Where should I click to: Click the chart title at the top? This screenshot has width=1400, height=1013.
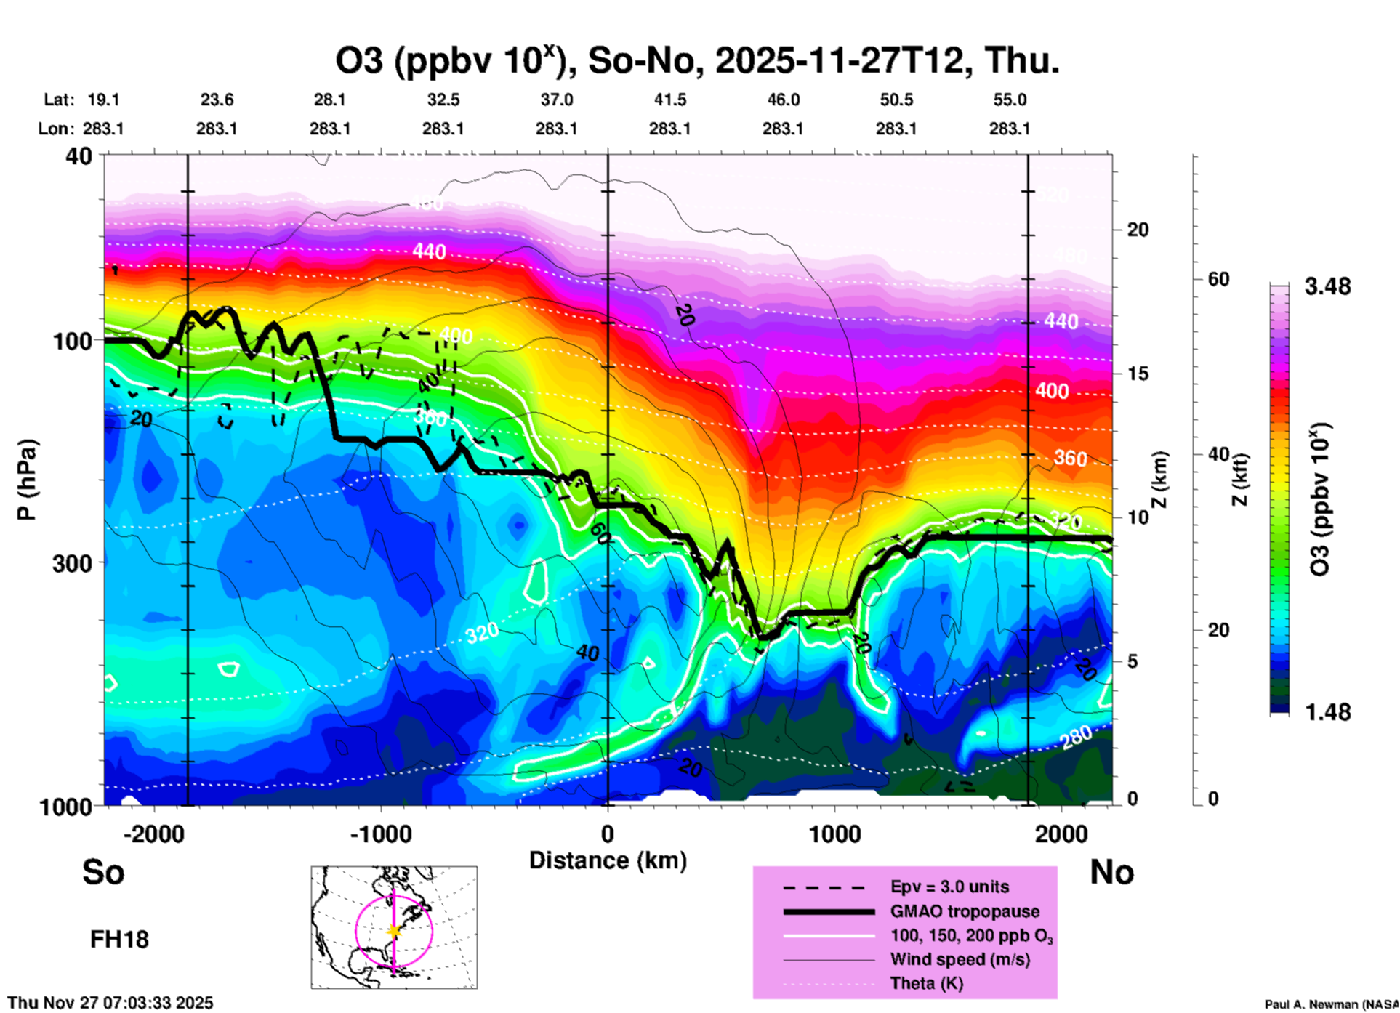click(x=697, y=61)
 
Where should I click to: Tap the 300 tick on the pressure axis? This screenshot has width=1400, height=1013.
click(x=72, y=563)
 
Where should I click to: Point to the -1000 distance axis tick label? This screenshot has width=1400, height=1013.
click(x=381, y=834)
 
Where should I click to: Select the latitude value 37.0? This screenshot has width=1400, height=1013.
click(x=556, y=100)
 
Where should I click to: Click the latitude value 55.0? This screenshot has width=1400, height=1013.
click(x=1010, y=100)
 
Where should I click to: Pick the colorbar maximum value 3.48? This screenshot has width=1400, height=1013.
click(x=1327, y=287)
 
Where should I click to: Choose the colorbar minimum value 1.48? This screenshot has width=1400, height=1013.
click(x=1327, y=712)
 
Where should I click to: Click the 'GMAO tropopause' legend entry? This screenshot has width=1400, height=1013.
click(x=965, y=911)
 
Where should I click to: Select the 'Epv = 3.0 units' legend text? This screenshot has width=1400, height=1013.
click(x=949, y=887)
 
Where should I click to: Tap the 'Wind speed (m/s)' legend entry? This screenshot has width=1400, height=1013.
click(x=960, y=960)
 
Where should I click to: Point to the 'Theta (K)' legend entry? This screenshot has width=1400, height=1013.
click(x=926, y=984)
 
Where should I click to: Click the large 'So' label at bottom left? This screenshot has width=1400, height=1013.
click(x=103, y=872)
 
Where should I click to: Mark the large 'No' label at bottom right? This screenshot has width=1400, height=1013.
click(x=1111, y=872)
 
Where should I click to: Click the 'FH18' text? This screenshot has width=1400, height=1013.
click(x=119, y=940)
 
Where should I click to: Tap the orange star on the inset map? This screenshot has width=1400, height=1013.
click(x=394, y=931)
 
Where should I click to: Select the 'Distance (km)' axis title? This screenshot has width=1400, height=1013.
click(x=608, y=860)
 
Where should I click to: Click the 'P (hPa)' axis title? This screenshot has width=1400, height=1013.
click(x=27, y=480)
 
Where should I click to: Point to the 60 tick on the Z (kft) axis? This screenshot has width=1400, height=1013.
click(x=1218, y=280)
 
